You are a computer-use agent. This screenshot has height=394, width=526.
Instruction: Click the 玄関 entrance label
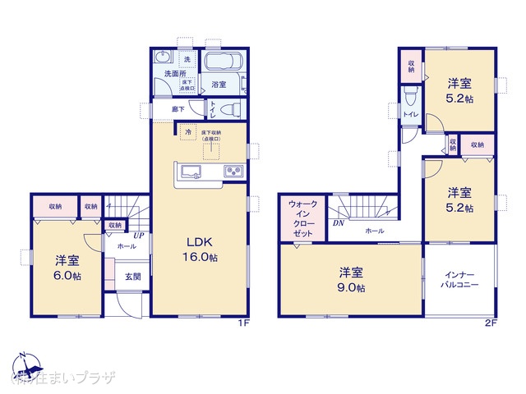click(132, 277)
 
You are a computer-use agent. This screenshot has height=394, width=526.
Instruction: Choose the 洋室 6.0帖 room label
click(67, 268)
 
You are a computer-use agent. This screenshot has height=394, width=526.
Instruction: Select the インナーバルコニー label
click(460, 280)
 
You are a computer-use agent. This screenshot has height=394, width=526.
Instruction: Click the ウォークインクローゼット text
click(296, 218)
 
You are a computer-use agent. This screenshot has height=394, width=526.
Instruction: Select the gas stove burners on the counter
click(233, 172)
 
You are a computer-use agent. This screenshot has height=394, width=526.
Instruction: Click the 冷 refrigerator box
click(188, 131)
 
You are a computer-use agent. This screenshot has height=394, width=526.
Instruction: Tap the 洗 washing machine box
click(186, 59)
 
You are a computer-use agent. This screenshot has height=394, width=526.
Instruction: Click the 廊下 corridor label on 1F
click(178, 108)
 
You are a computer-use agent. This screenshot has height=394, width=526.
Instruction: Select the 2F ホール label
click(374, 231)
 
